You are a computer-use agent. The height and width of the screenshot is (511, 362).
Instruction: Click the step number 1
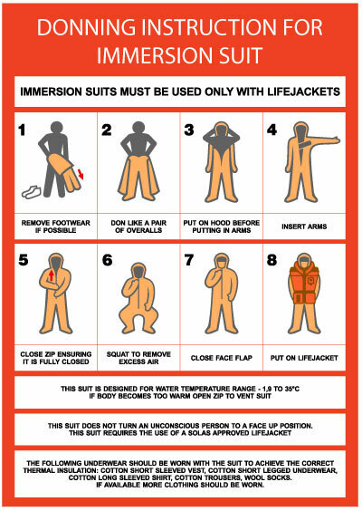pyautogui.click(x=22, y=130)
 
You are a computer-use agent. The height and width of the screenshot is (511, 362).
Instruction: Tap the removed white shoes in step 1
pyautogui.click(x=32, y=192)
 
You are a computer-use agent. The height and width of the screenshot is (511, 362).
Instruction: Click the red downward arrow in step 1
pyautogui.click(x=81, y=174)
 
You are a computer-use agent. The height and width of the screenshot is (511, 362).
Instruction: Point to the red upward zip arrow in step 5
pyautogui.click(x=52, y=275)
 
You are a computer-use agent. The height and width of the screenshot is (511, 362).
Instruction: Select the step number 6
pyautogui.click(x=107, y=260)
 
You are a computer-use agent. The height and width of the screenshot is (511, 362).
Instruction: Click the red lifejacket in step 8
pyautogui.click(x=304, y=283)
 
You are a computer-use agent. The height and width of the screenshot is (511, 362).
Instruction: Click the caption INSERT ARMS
pyautogui.click(x=304, y=227)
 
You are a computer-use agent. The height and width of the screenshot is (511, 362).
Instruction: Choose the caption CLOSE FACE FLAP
pyautogui.click(x=222, y=358)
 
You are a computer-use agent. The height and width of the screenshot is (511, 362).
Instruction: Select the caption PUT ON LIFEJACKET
pyautogui.click(x=304, y=358)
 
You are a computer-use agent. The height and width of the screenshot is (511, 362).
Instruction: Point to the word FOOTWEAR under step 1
pyautogui.click(x=71, y=223)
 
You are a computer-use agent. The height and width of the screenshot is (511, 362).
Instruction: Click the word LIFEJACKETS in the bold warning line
pyautogui.click(x=304, y=92)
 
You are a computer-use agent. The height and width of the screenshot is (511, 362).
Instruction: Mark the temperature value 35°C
pyautogui.click(x=291, y=389)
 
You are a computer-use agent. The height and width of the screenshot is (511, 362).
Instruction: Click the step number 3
pyautogui.click(x=189, y=130)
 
